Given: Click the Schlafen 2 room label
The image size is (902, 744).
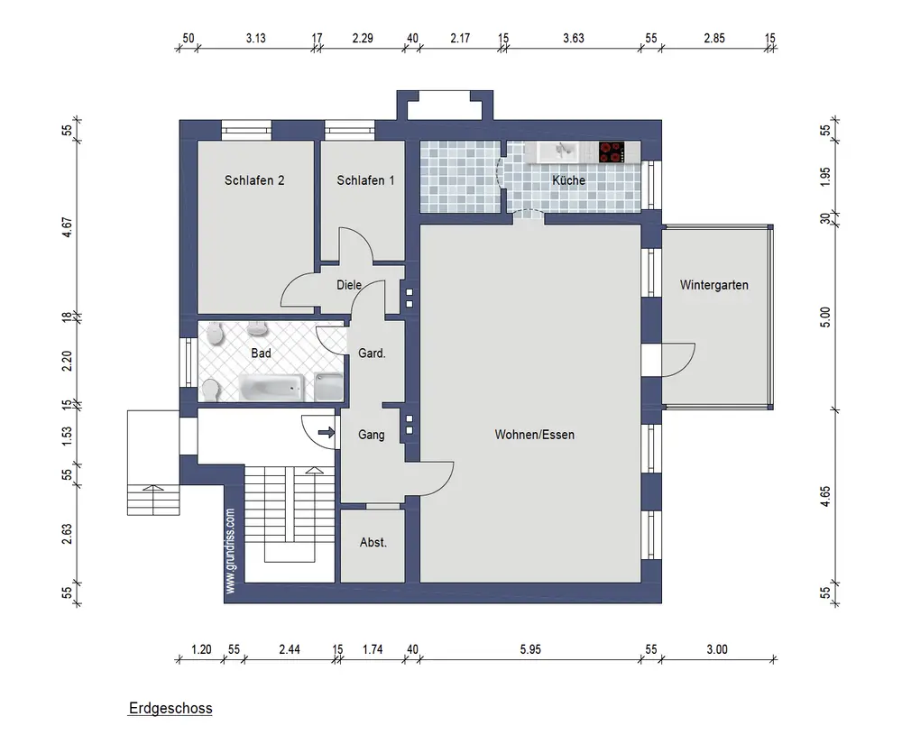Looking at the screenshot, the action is pyautogui.click(x=254, y=180).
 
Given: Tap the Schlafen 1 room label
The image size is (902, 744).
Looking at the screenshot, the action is pyautogui.click(x=365, y=180).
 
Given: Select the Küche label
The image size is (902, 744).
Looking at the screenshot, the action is pyautogui.click(x=568, y=180).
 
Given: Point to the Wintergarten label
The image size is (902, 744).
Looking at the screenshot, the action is pyautogui.click(x=713, y=285).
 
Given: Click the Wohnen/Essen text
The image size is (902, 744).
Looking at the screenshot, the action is pyautogui.click(x=534, y=435).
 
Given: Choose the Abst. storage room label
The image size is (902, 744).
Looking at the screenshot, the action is pyautogui.click(x=373, y=542).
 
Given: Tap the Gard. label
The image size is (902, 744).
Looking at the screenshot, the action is pyautogui.click(x=372, y=353).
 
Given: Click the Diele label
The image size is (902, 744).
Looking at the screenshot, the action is pyautogui.click(x=349, y=285).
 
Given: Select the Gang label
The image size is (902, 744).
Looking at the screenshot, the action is pyautogui.click(x=371, y=435).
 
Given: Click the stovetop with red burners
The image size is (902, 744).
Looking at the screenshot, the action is pyautogui.click(x=612, y=152).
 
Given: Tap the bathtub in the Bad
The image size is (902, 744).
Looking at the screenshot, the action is pyautogui.click(x=271, y=387).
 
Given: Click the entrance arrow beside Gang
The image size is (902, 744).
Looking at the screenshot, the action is pyautogui.click(x=327, y=432).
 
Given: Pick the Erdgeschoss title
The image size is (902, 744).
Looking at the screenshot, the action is pyautogui.click(x=170, y=708).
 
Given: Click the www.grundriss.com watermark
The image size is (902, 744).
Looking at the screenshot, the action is pyautogui.click(x=231, y=551).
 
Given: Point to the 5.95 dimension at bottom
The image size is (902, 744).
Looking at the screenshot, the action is pyautogui.click(x=530, y=649).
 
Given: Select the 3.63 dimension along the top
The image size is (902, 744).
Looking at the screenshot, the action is pyautogui.click(x=574, y=39).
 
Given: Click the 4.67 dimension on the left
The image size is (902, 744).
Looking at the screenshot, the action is pyautogui.click(x=68, y=227).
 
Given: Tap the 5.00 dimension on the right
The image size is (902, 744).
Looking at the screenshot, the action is pyautogui.click(x=825, y=317).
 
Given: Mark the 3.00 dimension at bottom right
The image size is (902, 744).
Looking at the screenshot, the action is pyautogui.click(x=717, y=649).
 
